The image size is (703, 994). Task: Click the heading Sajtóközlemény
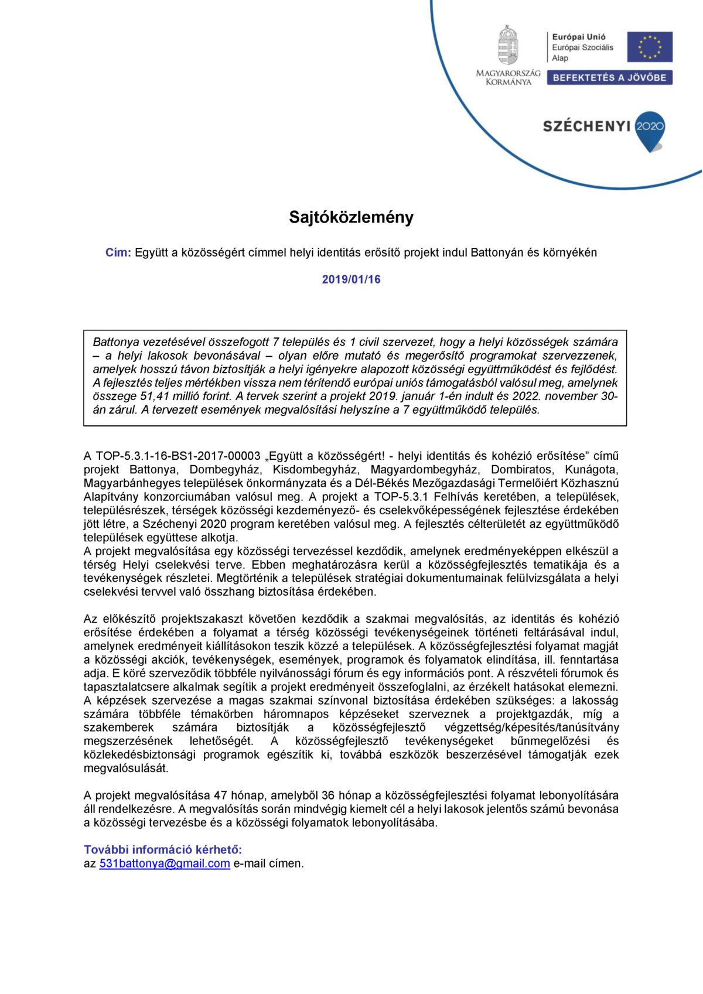click(x=351, y=217)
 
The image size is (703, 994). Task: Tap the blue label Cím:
click(x=118, y=252)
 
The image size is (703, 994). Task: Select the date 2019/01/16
click(x=351, y=279)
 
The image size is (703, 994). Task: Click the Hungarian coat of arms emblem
click(x=508, y=45)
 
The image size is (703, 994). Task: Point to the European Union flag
click(x=650, y=47)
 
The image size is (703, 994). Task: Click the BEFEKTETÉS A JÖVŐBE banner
click(x=609, y=77)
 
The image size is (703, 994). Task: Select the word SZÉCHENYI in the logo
click(x=586, y=127)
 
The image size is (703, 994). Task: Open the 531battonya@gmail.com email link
click(x=165, y=863)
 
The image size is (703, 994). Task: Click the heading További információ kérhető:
click(x=163, y=849)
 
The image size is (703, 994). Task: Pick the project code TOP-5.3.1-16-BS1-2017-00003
click(x=178, y=456)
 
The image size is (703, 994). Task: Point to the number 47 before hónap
click(x=220, y=795)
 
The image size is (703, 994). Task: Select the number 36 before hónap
click(x=328, y=795)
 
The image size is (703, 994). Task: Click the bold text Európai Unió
click(x=579, y=37)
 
